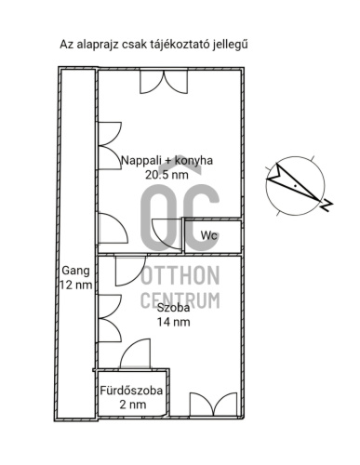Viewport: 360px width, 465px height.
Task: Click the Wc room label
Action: click(x=209, y=235)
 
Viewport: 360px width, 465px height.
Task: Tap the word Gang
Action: click(x=75, y=272)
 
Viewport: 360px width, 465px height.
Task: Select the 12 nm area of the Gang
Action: click(x=75, y=286)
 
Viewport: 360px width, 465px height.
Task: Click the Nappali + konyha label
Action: click(x=167, y=160)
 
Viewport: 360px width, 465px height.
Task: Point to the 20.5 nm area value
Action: click(x=167, y=174)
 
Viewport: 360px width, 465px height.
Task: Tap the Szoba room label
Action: click(x=174, y=308)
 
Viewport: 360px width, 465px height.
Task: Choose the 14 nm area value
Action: click(x=174, y=322)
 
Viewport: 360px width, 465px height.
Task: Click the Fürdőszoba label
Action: click(x=132, y=391)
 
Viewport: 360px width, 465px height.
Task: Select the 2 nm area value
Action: click(x=132, y=405)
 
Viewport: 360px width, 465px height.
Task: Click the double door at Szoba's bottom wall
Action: click(x=213, y=404)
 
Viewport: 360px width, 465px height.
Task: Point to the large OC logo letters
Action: click(x=180, y=216)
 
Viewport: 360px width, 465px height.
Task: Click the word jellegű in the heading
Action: click(x=238, y=44)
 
